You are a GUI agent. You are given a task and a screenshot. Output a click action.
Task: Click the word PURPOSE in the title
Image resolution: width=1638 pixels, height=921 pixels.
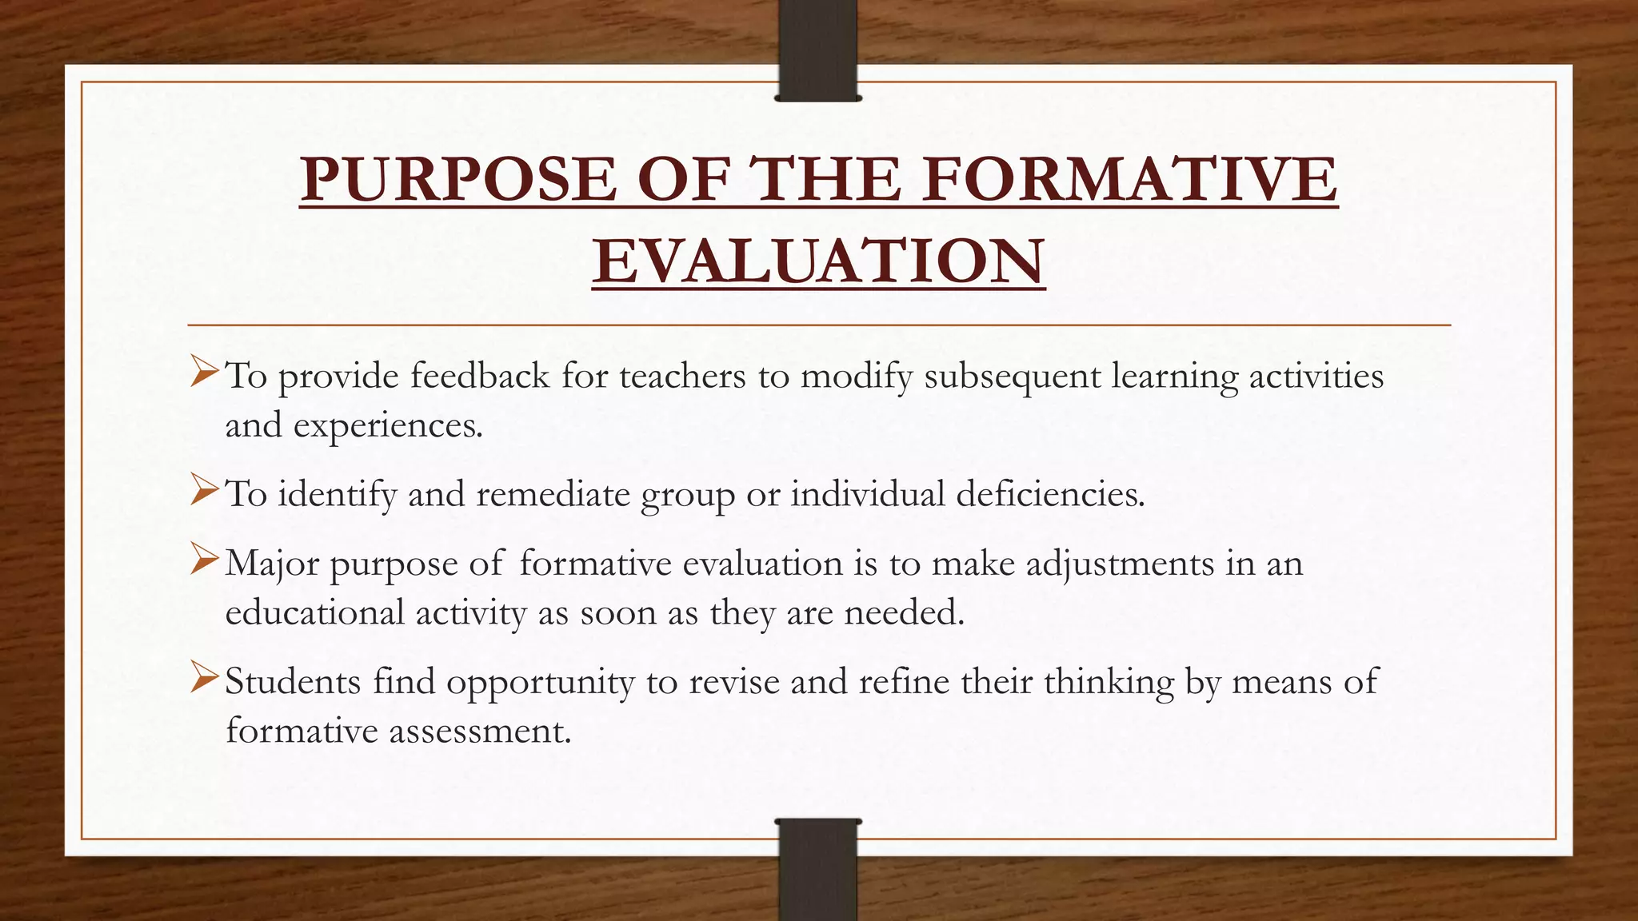458,179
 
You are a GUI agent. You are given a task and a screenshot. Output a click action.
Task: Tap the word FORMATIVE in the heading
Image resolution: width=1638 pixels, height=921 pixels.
1129,179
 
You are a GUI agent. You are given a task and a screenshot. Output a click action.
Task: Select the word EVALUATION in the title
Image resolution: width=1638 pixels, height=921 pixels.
818,261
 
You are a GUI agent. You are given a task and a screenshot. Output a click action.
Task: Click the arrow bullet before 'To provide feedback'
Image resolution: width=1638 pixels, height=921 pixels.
204,373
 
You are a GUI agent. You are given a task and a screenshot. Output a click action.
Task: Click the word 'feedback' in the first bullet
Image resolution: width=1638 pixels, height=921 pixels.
480,376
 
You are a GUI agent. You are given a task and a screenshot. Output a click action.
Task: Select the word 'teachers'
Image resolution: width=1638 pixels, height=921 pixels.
682,376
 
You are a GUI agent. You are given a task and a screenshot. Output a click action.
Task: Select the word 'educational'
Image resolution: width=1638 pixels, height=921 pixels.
314,613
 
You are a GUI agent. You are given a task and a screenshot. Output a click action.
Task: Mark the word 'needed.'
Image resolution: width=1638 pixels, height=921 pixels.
905,613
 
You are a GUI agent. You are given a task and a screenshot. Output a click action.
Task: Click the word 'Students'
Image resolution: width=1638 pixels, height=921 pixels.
293,682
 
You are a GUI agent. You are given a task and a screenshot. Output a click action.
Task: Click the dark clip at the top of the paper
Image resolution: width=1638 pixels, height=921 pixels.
817,51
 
